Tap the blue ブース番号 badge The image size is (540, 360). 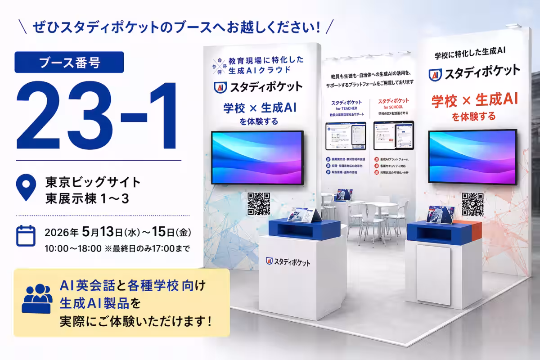pyautogui.click(x=63, y=62)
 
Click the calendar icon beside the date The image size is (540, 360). pyautogui.click(x=26, y=236)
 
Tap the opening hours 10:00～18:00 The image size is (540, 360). pyautogui.click(x=73, y=248)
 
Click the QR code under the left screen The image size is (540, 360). pyautogui.click(x=259, y=203)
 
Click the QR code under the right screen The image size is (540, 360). pyautogui.click(x=472, y=204)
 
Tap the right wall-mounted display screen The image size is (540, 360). pyautogui.click(x=472, y=157)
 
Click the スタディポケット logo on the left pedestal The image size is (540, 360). pyautogui.click(x=288, y=261)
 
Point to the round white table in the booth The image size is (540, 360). pyautogui.click(x=382, y=205)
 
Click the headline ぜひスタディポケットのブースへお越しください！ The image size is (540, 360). pyautogui.click(x=176, y=27)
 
